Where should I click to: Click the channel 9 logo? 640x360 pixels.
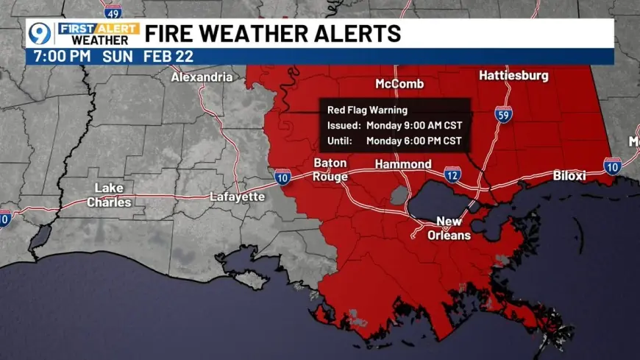[40, 34]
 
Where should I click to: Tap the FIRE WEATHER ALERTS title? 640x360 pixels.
[273, 34]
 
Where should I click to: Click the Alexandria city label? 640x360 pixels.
[202, 77]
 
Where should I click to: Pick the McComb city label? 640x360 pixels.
[399, 83]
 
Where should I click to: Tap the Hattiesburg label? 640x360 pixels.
[514, 75]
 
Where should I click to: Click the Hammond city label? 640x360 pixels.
[403, 163]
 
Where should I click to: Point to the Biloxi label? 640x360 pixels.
[569, 176]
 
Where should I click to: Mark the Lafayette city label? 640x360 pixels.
[237, 197]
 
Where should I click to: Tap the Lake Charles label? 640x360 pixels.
[109, 195]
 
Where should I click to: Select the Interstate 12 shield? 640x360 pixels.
[453, 174]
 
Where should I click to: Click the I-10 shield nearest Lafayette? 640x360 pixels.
[282, 176]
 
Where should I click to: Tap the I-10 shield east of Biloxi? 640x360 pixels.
[612, 166]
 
